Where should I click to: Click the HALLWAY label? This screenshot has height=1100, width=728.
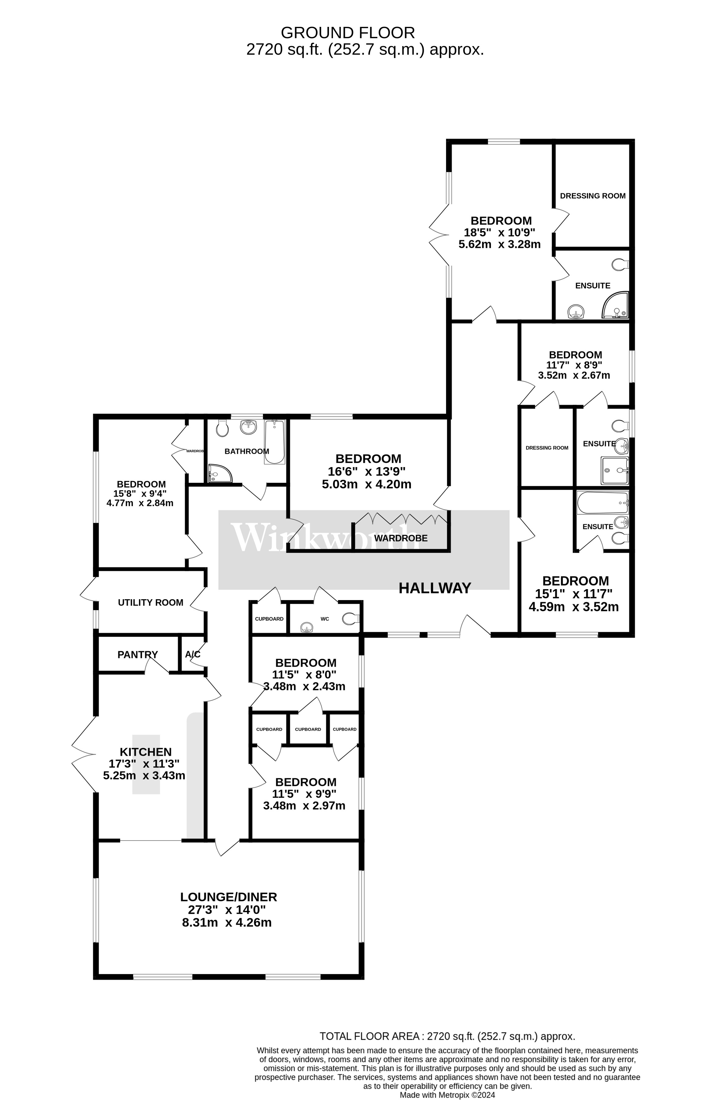435,588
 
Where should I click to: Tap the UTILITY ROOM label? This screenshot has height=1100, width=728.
150,603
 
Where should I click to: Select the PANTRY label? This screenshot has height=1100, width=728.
137,655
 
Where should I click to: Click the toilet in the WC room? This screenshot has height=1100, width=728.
350,618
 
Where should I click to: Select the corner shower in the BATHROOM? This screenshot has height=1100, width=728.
218,474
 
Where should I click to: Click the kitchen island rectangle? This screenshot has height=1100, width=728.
146,765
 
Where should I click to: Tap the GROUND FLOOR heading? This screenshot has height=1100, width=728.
348,33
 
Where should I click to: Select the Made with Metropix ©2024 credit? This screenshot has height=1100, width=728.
448,1095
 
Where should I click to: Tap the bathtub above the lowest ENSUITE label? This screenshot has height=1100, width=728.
602,503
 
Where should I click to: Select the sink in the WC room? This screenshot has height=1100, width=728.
306,628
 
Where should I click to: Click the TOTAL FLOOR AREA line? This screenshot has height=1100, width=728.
447,1036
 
